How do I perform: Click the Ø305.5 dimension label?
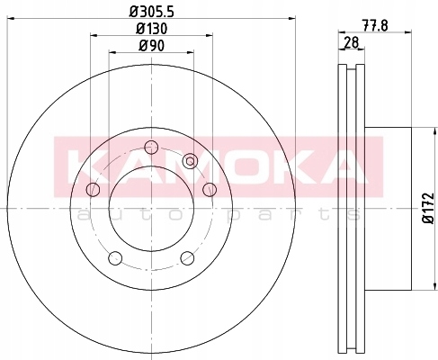(x=151, y=12)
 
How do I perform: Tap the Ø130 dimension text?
(x=151, y=29)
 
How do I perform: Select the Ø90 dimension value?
(x=151, y=46)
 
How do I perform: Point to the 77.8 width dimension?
(x=375, y=26)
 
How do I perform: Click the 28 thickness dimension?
(x=352, y=42)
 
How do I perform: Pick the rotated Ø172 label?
(x=428, y=208)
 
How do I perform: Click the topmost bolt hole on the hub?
(x=151, y=147)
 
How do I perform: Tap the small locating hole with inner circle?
(x=191, y=161)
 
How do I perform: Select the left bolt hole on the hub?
(x=93, y=189)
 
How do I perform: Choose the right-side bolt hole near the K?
(x=210, y=189)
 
